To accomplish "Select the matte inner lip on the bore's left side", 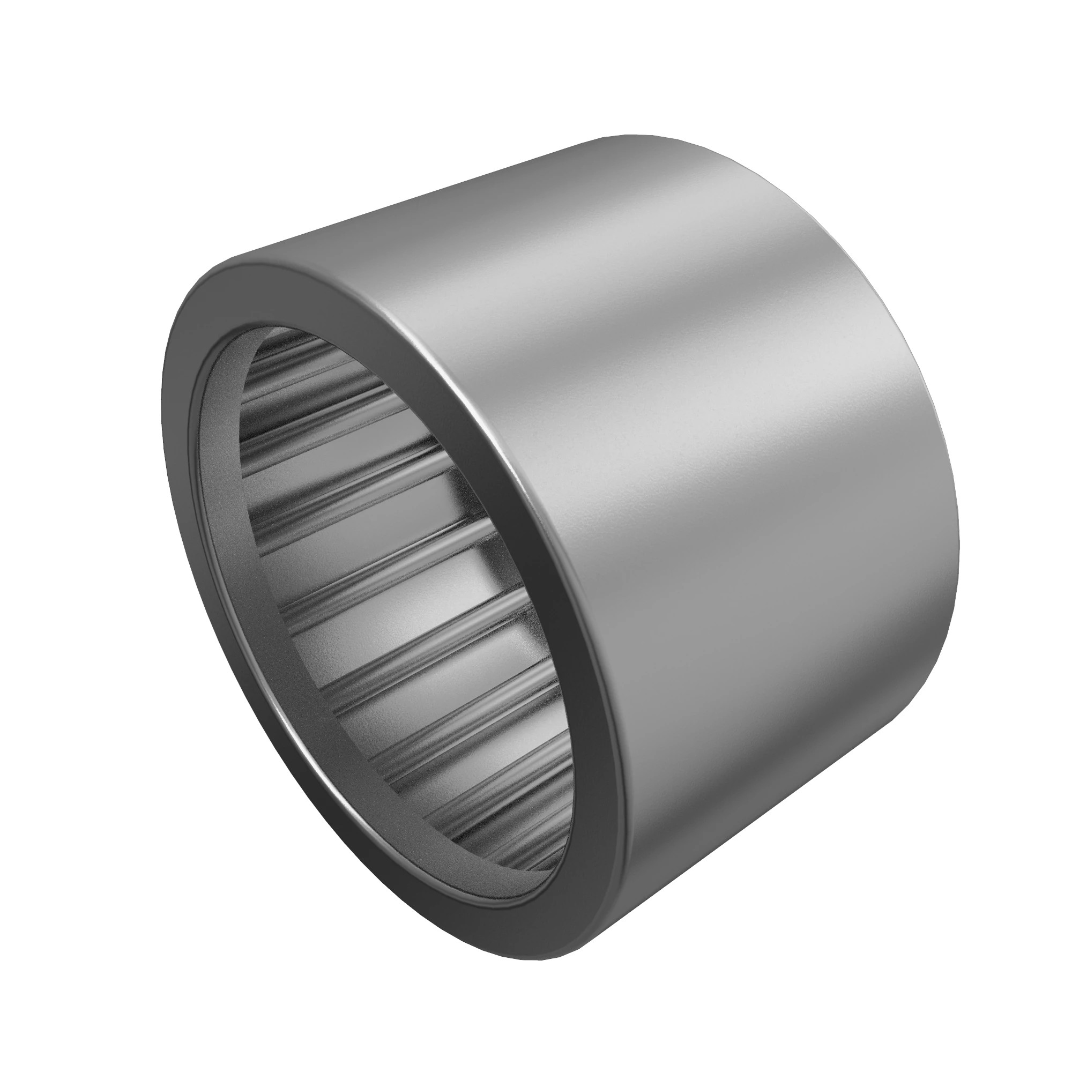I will click(214, 444).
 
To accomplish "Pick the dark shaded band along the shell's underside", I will click(777, 805).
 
